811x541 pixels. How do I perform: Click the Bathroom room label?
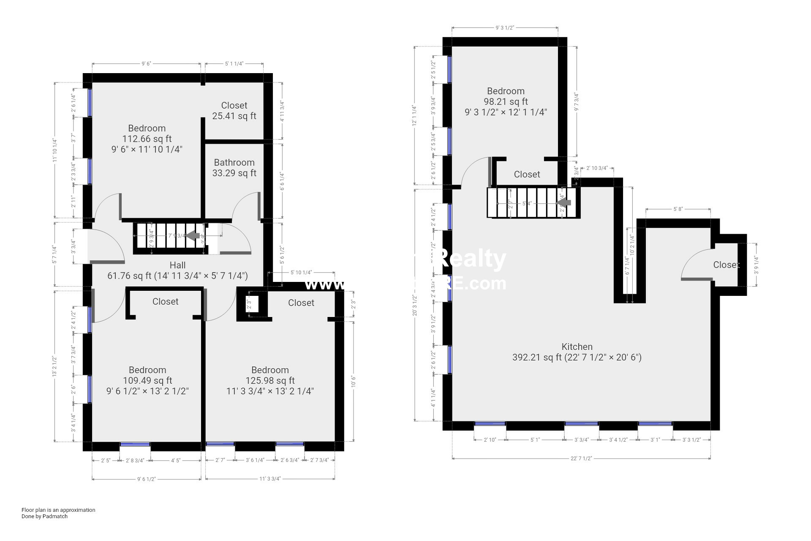click(234, 162)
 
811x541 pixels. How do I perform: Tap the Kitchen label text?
click(577, 347)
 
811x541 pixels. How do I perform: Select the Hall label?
click(177, 265)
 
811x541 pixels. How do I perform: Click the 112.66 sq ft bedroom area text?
click(147, 139)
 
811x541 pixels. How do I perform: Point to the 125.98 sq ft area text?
click(270, 380)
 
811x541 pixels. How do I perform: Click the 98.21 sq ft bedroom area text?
click(506, 101)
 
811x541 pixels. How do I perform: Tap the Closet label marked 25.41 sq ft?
click(234, 106)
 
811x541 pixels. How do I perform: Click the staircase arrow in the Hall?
click(193, 235)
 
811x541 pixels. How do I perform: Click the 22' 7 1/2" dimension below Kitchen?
click(581, 458)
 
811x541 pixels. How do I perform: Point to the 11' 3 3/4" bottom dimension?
click(270, 479)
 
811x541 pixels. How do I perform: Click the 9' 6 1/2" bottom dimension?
click(146, 479)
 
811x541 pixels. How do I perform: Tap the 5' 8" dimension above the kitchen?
click(678, 209)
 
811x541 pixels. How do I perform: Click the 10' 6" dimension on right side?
click(354, 382)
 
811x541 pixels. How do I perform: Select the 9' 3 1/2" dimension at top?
click(504, 28)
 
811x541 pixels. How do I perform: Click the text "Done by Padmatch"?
click(44, 516)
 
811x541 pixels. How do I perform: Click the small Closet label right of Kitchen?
click(726, 265)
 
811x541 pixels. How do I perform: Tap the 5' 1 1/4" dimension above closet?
click(234, 64)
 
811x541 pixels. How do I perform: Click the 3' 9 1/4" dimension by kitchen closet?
click(756, 265)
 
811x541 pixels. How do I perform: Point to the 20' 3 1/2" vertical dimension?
click(415, 305)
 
